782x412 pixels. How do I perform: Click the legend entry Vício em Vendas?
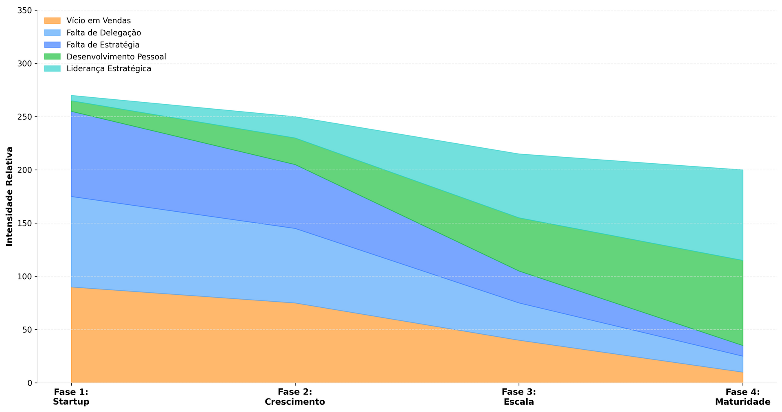click(99, 20)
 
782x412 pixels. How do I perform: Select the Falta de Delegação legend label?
click(104, 33)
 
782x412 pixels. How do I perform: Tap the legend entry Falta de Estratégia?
click(103, 44)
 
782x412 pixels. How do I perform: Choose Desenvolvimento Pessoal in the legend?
click(116, 57)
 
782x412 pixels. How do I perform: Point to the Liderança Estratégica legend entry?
click(109, 68)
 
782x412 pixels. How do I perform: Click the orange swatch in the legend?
click(52, 20)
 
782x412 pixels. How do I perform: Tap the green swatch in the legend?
click(52, 57)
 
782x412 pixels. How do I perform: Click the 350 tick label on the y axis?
click(25, 10)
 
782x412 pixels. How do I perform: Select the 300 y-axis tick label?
click(25, 64)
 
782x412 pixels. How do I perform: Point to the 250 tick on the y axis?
click(25, 117)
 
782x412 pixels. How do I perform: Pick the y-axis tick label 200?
click(25, 170)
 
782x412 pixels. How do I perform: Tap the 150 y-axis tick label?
click(25, 223)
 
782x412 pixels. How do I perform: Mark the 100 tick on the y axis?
click(25, 276)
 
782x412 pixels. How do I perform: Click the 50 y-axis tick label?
click(27, 330)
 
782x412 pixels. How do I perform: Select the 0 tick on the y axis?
click(30, 383)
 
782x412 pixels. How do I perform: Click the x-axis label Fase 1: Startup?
click(71, 397)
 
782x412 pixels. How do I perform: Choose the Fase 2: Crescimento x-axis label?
click(295, 397)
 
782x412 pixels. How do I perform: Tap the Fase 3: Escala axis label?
click(519, 397)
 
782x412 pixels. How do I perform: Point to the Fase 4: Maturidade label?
click(742, 397)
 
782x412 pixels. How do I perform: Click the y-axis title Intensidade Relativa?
click(10, 196)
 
